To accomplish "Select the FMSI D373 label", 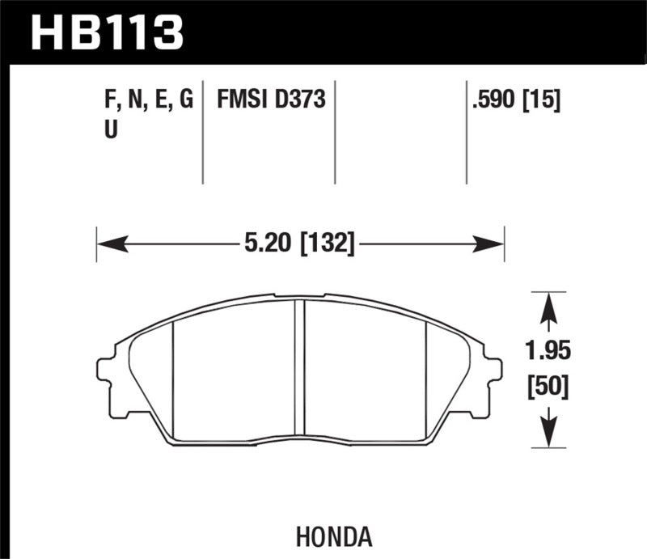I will [270, 100].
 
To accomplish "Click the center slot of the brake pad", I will [299, 368].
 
